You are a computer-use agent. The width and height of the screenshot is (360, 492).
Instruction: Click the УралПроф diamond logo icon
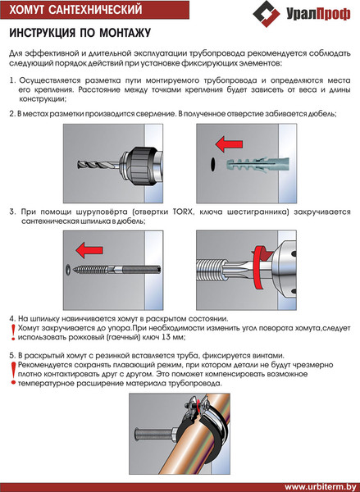tap(267, 13)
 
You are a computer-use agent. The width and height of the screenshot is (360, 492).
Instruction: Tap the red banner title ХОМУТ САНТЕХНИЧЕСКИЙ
tap(75, 10)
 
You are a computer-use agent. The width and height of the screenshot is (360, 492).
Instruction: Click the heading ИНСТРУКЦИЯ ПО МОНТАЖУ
tap(80, 33)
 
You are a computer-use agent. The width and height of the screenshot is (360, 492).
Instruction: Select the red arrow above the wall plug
tap(229, 144)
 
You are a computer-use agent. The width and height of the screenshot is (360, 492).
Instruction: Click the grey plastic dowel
tap(257, 163)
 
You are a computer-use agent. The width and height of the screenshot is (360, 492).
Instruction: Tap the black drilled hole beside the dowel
tap(213, 164)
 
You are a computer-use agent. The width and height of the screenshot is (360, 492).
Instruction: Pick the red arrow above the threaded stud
tap(89, 250)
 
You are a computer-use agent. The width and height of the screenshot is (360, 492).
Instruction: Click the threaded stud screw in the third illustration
tap(117, 270)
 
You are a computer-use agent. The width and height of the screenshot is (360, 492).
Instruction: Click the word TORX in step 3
tap(180, 212)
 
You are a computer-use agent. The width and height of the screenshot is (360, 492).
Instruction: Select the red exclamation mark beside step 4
tap(13, 333)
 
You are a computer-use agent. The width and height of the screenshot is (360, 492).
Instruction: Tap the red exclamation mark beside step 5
tap(13, 373)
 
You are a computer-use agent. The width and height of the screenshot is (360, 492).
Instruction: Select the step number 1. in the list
tap(12, 80)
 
